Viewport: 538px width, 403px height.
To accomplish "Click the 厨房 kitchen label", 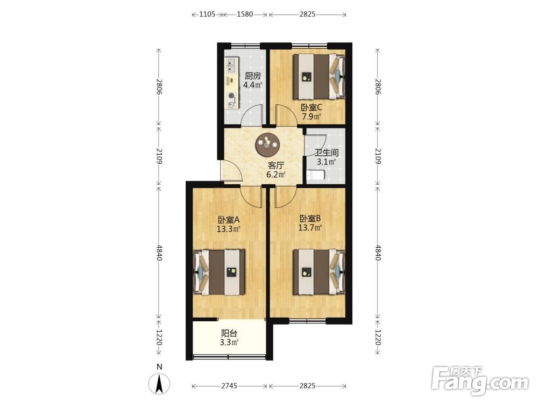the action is (253, 76).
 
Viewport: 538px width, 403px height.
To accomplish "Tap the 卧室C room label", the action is (311, 107).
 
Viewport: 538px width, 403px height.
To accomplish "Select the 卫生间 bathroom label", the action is (327, 153).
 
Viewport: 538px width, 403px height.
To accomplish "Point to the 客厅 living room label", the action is (276, 165).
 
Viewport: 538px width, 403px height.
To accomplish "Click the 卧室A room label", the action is (228, 219).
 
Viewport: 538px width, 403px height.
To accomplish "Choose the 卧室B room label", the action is (310, 218).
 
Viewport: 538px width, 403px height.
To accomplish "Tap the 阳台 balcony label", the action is (229, 333).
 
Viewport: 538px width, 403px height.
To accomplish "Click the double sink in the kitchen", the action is (231, 66).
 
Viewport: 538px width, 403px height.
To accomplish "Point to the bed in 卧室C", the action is (318, 76).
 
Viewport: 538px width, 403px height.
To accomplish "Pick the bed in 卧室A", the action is (220, 272).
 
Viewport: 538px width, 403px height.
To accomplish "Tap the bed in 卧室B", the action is (318, 272).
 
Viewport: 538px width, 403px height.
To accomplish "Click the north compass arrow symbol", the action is (159, 384).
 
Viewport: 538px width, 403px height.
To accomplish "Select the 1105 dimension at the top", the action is (207, 14).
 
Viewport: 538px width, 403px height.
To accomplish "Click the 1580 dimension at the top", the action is (245, 14).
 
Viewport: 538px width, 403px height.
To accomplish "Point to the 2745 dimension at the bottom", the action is (229, 386).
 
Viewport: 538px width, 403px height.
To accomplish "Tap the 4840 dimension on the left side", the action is (159, 253).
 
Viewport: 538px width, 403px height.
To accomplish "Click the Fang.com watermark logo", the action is (480, 381).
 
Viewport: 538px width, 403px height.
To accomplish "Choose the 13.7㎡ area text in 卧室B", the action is (310, 227).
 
